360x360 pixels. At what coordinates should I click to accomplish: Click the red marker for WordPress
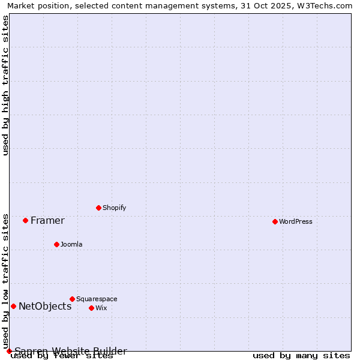[x=275, y=221]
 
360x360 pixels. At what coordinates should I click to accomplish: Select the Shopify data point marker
[x=98, y=208]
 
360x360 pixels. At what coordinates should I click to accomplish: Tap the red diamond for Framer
[x=25, y=220]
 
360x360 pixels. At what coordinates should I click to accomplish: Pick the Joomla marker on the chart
[x=56, y=244]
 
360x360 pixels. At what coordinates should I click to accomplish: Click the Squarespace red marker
[x=72, y=299]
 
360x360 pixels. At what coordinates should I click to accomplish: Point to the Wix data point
[x=91, y=308]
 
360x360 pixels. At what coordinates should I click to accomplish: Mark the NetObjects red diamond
[x=13, y=306]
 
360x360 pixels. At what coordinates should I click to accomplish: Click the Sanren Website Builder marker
[x=9, y=351]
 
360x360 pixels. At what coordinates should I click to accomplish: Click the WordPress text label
[x=296, y=221]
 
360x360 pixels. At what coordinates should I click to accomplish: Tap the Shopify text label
[x=115, y=208]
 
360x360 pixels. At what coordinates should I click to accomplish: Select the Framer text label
[x=47, y=220]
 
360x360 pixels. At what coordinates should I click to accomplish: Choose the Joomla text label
[x=71, y=244]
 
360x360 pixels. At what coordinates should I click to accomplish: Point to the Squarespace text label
[x=97, y=299]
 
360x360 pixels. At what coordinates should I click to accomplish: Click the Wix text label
[x=101, y=308]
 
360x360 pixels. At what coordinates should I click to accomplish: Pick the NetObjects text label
[x=45, y=306]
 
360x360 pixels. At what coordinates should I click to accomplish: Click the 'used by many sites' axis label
[x=301, y=356]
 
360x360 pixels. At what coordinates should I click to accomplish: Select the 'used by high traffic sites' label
[x=6, y=85]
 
